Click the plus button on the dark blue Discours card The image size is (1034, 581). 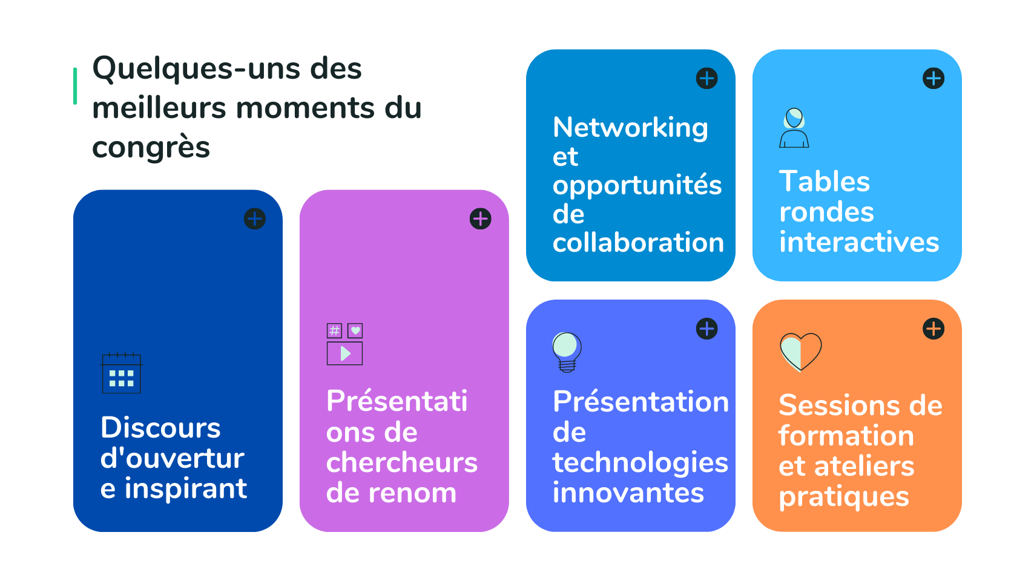(255, 218)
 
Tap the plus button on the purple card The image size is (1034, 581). (481, 218)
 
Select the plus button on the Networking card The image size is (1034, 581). (706, 79)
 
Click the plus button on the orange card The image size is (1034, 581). (934, 329)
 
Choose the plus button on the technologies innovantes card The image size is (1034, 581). (706, 329)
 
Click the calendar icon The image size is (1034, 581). (122, 373)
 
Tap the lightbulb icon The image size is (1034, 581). (567, 352)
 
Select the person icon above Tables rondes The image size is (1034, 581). (794, 128)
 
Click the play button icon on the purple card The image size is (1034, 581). (345, 353)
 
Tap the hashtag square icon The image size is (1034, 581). (335, 330)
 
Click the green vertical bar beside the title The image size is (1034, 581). (75, 86)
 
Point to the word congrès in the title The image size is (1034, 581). (151, 147)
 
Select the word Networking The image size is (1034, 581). (630, 127)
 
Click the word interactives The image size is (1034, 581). (859, 242)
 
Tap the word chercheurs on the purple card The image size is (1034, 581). (401, 462)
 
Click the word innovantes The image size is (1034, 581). (628, 493)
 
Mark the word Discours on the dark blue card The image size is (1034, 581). (160, 427)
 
